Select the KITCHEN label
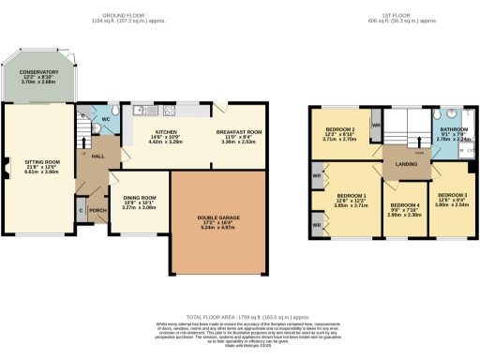[166, 132]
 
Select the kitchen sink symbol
[142, 109]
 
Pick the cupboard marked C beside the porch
[81, 210]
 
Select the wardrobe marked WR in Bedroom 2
[375, 124]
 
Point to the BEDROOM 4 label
[405, 204]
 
